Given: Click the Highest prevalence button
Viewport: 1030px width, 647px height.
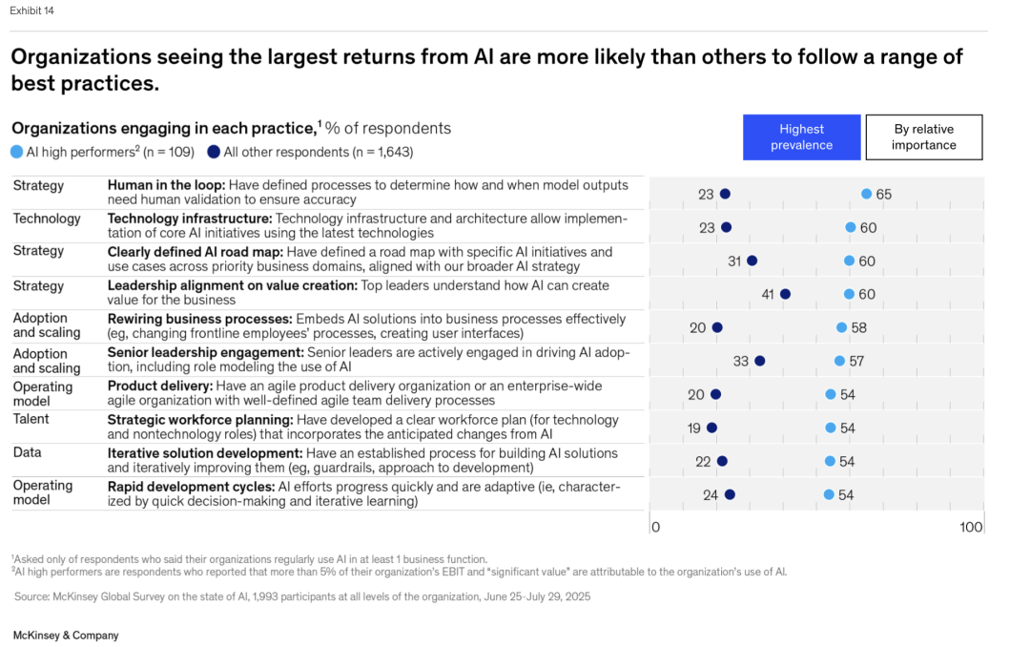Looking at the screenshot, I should [x=801, y=137].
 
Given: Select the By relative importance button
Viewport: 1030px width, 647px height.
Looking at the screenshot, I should [x=923, y=137].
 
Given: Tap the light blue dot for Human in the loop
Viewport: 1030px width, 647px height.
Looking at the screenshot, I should [x=866, y=194].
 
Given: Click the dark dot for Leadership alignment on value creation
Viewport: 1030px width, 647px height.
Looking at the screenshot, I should [x=785, y=294].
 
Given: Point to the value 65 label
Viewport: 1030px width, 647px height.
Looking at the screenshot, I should [x=884, y=195].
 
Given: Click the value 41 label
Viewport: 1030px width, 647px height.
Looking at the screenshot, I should [x=768, y=295].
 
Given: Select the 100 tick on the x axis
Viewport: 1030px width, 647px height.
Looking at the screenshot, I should [x=971, y=528].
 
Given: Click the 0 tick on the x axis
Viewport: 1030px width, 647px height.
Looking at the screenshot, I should [x=655, y=528].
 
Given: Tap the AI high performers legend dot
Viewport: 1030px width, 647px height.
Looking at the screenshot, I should [x=17, y=151].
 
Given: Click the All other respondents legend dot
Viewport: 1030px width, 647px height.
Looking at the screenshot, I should [x=214, y=151].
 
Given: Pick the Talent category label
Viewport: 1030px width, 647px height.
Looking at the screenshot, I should [x=31, y=419].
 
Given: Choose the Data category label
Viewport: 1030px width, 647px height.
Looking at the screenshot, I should [x=27, y=453].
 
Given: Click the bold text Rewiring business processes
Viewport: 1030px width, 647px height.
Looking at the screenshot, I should [x=199, y=319].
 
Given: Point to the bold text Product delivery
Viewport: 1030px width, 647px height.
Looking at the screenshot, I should [x=158, y=386].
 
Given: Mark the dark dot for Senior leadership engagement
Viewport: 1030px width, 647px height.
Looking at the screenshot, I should [x=759, y=361].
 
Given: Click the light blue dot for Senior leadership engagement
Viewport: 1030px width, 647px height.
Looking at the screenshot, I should [x=839, y=361].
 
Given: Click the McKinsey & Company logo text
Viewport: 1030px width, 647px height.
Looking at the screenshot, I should [x=66, y=635].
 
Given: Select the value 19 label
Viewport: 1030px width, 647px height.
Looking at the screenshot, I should [x=693, y=428].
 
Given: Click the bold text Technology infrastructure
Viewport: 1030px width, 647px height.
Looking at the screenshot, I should [x=189, y=219].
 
